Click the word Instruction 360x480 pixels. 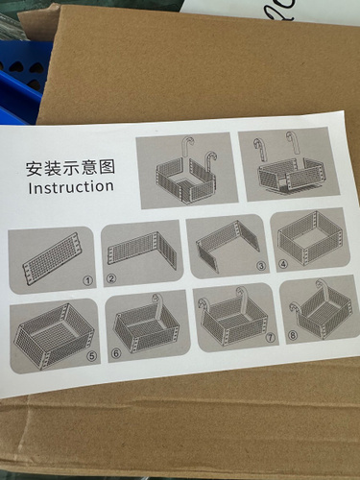pos(71,187)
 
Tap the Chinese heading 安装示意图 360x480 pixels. pos(70,168)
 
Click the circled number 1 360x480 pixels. pos(87,280)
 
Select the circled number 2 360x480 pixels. pos(111,278)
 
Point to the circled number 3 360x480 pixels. pos(261,266)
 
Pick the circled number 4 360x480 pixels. pos(283,264)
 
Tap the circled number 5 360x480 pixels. pos(92,356)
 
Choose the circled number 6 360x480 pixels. pos(116,353)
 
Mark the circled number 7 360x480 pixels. pos(271,337)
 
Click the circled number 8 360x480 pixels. pos(293,335)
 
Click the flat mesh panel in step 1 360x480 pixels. pos(51,259)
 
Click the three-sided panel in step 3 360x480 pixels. pos(228,246)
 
